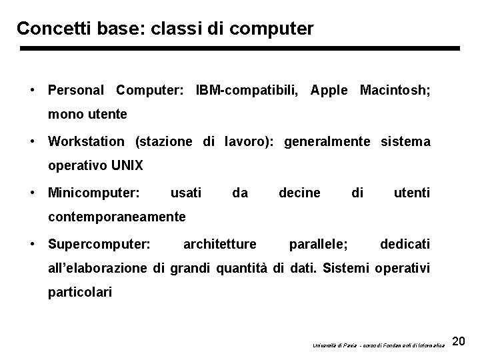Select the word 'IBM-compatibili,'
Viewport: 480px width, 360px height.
pyautogui.click(x=247, y=89)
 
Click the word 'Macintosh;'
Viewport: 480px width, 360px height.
pyautogui.click(x=395, y=89)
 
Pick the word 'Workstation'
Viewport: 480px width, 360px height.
pyautogui.click(x=86, y=141)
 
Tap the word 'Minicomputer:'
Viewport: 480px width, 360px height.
pyautogui.click(x=94, y=193)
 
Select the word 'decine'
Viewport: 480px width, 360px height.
pyautogui.click(x=299, y=193)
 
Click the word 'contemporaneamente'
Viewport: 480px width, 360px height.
pyautogui.click(x=117, y=217)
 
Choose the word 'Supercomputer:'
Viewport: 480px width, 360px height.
pyautogui.click(x=99, y=244)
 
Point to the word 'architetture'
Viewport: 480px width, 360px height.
pyautogui.click(x=219, y=244)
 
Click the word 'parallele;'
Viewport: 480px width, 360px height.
pyautogui.click(x=318, y=244)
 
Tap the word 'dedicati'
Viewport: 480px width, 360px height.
pyautogui.click(x=405, y=244)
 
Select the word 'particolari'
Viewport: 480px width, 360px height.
pyautogui.click(x=80, y=292)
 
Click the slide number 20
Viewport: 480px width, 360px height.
pyautogui.click(x=458, y=342)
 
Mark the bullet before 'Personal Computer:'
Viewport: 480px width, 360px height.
pyautogui.click(x=32, y=89)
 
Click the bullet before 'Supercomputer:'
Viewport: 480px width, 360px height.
pyautogui.click(x=32, y=244)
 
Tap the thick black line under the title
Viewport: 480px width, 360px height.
pyautogui.click(x=240, y=49)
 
